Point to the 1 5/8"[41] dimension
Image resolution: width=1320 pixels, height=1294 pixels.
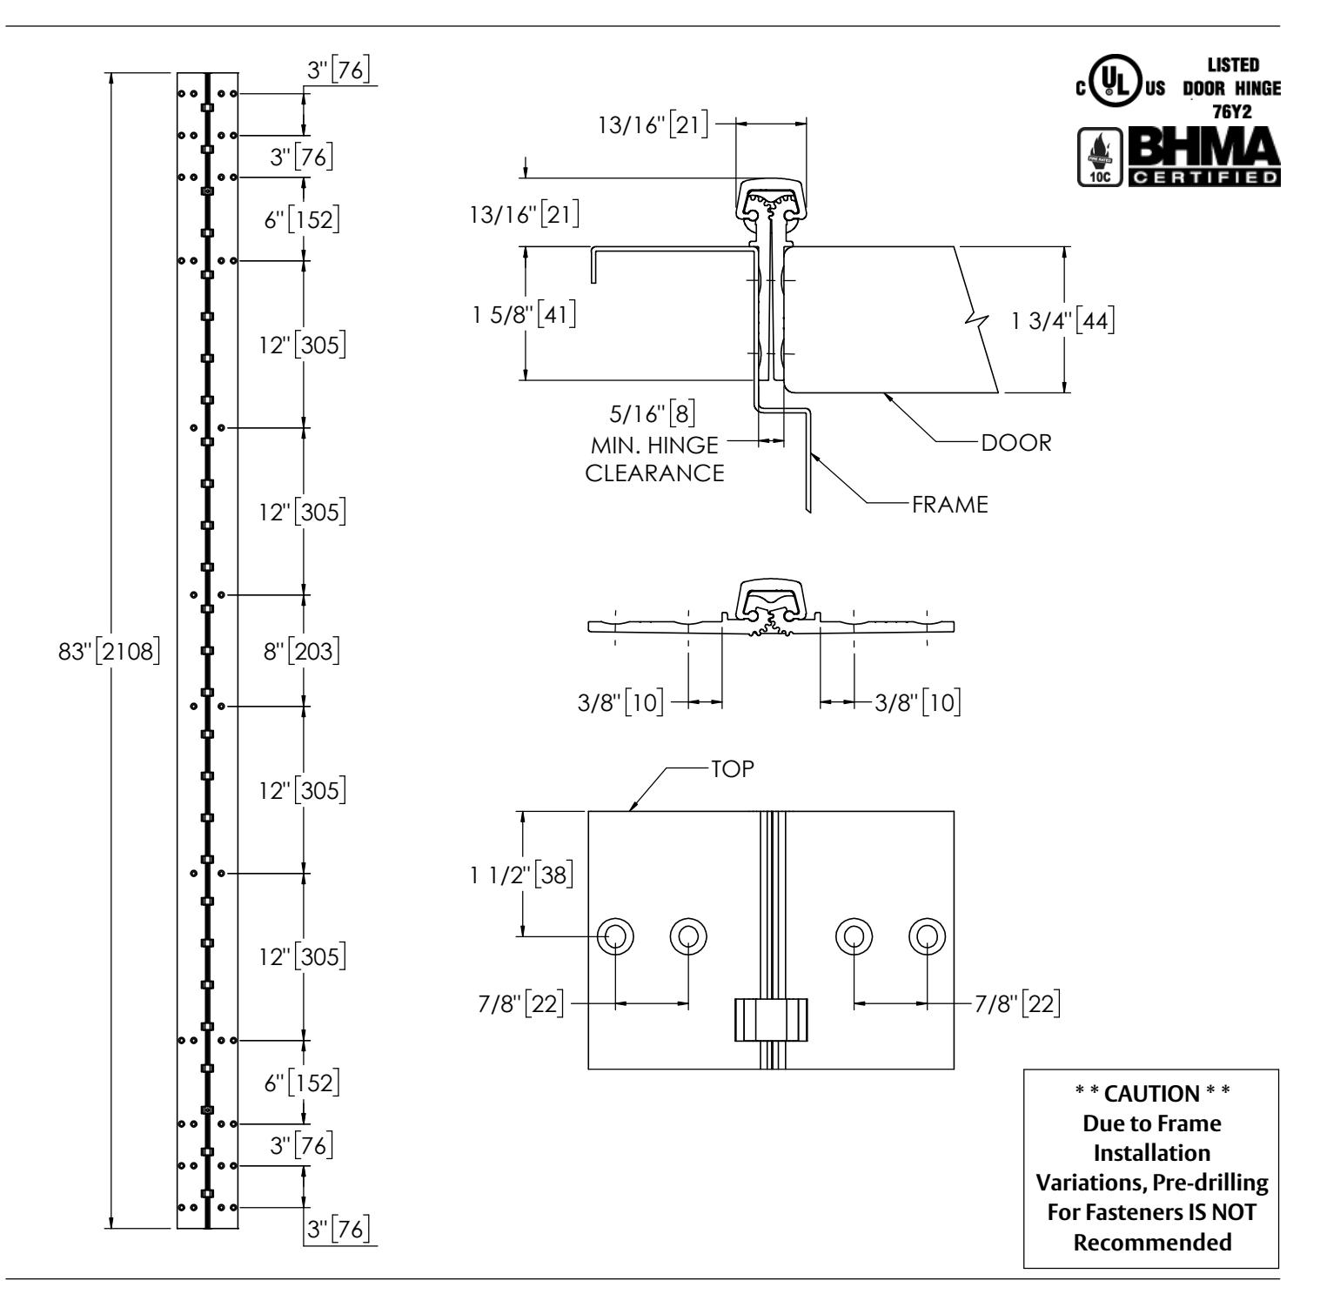[x=522, y=312]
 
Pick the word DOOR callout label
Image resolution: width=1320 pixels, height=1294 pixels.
[x=1016, y=443]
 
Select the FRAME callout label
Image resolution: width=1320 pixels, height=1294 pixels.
[x=950, y=505]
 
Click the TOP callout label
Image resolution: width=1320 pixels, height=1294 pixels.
[x=732, y=768]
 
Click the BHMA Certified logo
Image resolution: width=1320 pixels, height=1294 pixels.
[x=1204, y=158]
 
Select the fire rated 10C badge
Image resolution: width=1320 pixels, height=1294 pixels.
[x=1099, y=158]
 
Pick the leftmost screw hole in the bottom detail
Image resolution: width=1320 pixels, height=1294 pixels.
[x=615, y=935]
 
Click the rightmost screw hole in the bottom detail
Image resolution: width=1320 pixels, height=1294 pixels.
[x=927, y=935]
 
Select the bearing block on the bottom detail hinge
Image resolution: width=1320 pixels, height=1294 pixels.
[x=771, y=1020]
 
